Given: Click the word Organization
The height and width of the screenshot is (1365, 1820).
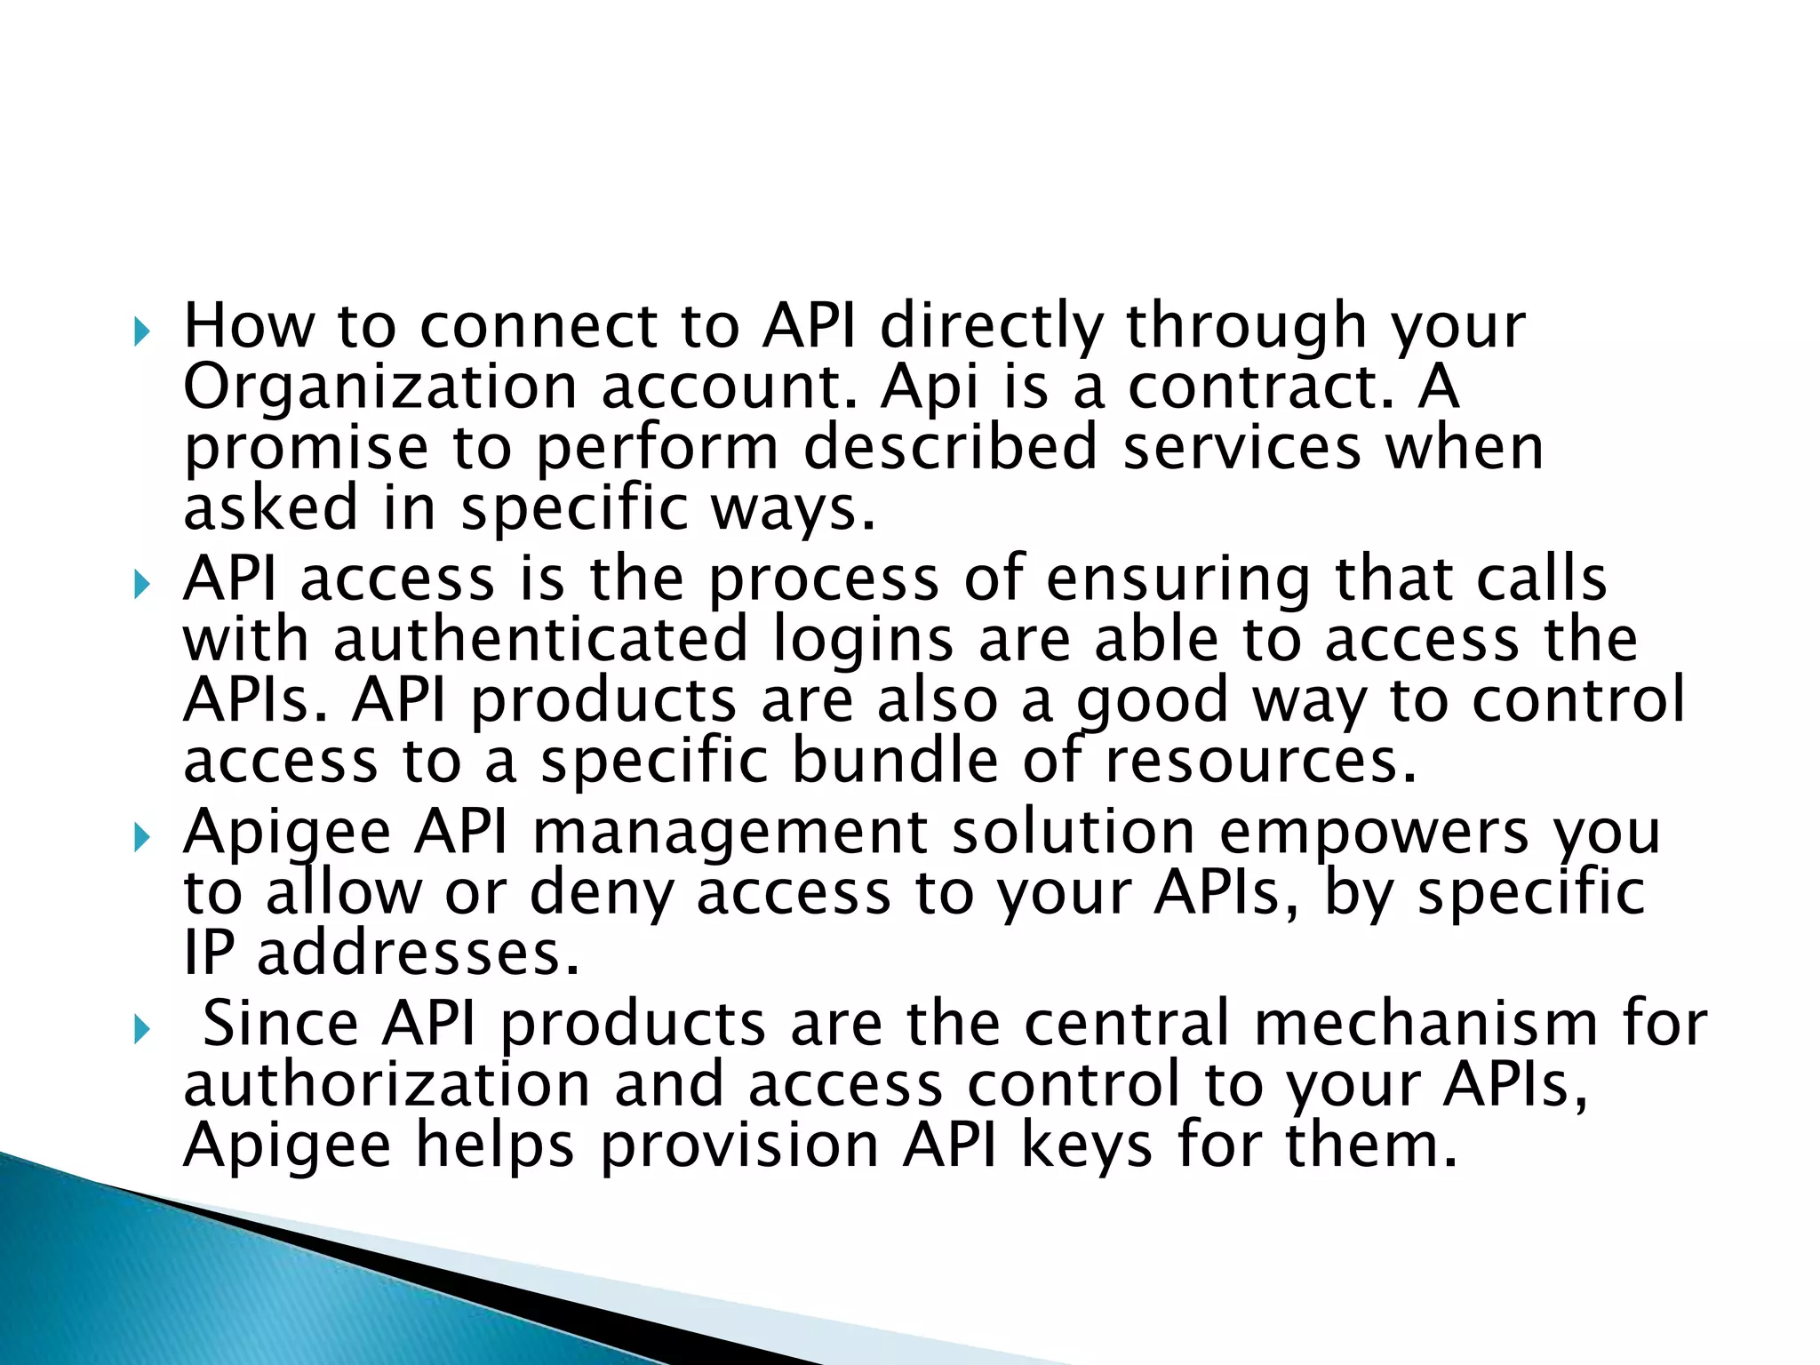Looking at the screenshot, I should [x=380, y=387].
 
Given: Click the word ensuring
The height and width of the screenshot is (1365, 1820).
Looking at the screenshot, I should [x=1177, y=579].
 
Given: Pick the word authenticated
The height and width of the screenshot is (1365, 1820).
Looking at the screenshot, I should [x=541, y=640].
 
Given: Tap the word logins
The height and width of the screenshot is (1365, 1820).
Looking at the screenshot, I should [x=863, y=642].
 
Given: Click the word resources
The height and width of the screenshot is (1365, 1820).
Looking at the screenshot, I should [x=1260, y=762].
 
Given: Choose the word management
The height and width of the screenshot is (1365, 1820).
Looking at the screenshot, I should [x=730, y=834].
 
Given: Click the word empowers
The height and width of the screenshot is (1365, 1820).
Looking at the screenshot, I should [x=1374, y=834].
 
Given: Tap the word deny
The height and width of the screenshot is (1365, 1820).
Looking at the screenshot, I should [x=601, y=894].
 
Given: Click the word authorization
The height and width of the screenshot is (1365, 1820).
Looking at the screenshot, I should [x=387, y=1084].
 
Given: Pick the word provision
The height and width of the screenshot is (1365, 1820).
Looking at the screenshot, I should [x=739, y=1146].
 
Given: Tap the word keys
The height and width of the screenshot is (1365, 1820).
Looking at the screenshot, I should [x=1087, y=1146].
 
